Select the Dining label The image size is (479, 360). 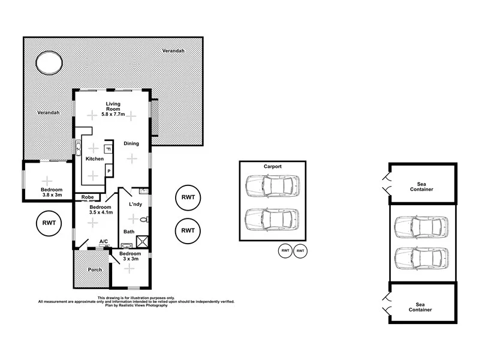pos(131,143)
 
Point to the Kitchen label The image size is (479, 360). pos(94,159)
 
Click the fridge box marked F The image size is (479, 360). pos(109,148)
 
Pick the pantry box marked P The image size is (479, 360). pos(109,171)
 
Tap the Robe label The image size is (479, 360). pos(87,196)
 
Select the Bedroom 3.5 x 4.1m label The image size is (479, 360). pos(93,209)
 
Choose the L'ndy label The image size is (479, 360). pos(135,205)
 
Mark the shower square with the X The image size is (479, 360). pos(143,242)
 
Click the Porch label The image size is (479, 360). pos(94,269)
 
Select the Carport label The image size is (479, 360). pos(273,167)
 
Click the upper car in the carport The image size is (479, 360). pos(272,185)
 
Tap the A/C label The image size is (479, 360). pos(103,242)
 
